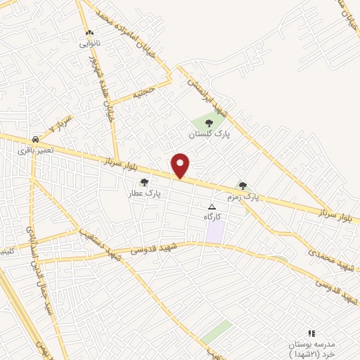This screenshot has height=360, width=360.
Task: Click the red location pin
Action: point(181,165)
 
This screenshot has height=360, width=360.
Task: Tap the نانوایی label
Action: point(89,44)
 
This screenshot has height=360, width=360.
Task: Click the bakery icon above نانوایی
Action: point(89,33)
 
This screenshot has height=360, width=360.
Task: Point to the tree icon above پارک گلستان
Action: point(209,123)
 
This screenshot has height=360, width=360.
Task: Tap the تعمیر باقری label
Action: point(35,150)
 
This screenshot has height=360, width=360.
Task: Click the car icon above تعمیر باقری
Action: point(35,139)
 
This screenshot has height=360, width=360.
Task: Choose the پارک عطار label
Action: point(145,192)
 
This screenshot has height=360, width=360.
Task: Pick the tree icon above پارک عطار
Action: point(145,182)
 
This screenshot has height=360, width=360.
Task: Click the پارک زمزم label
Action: point(243,197)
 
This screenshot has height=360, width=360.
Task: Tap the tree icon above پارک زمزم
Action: point(243,186)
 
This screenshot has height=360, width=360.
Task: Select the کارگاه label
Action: point(212,217)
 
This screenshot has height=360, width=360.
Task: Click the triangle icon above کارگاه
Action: point(212,207)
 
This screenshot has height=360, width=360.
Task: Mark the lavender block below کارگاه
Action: point(215,232)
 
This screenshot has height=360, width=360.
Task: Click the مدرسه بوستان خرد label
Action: point(311,347)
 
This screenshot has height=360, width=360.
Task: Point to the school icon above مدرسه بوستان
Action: point(311,333)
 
